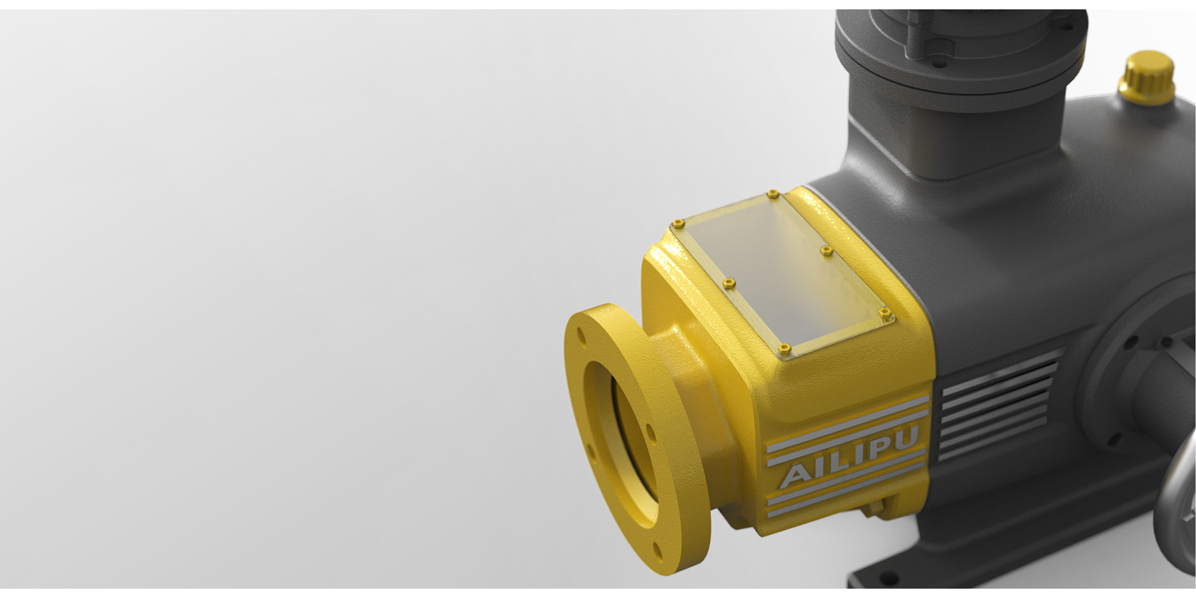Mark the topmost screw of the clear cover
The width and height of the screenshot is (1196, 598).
point(773,194)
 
